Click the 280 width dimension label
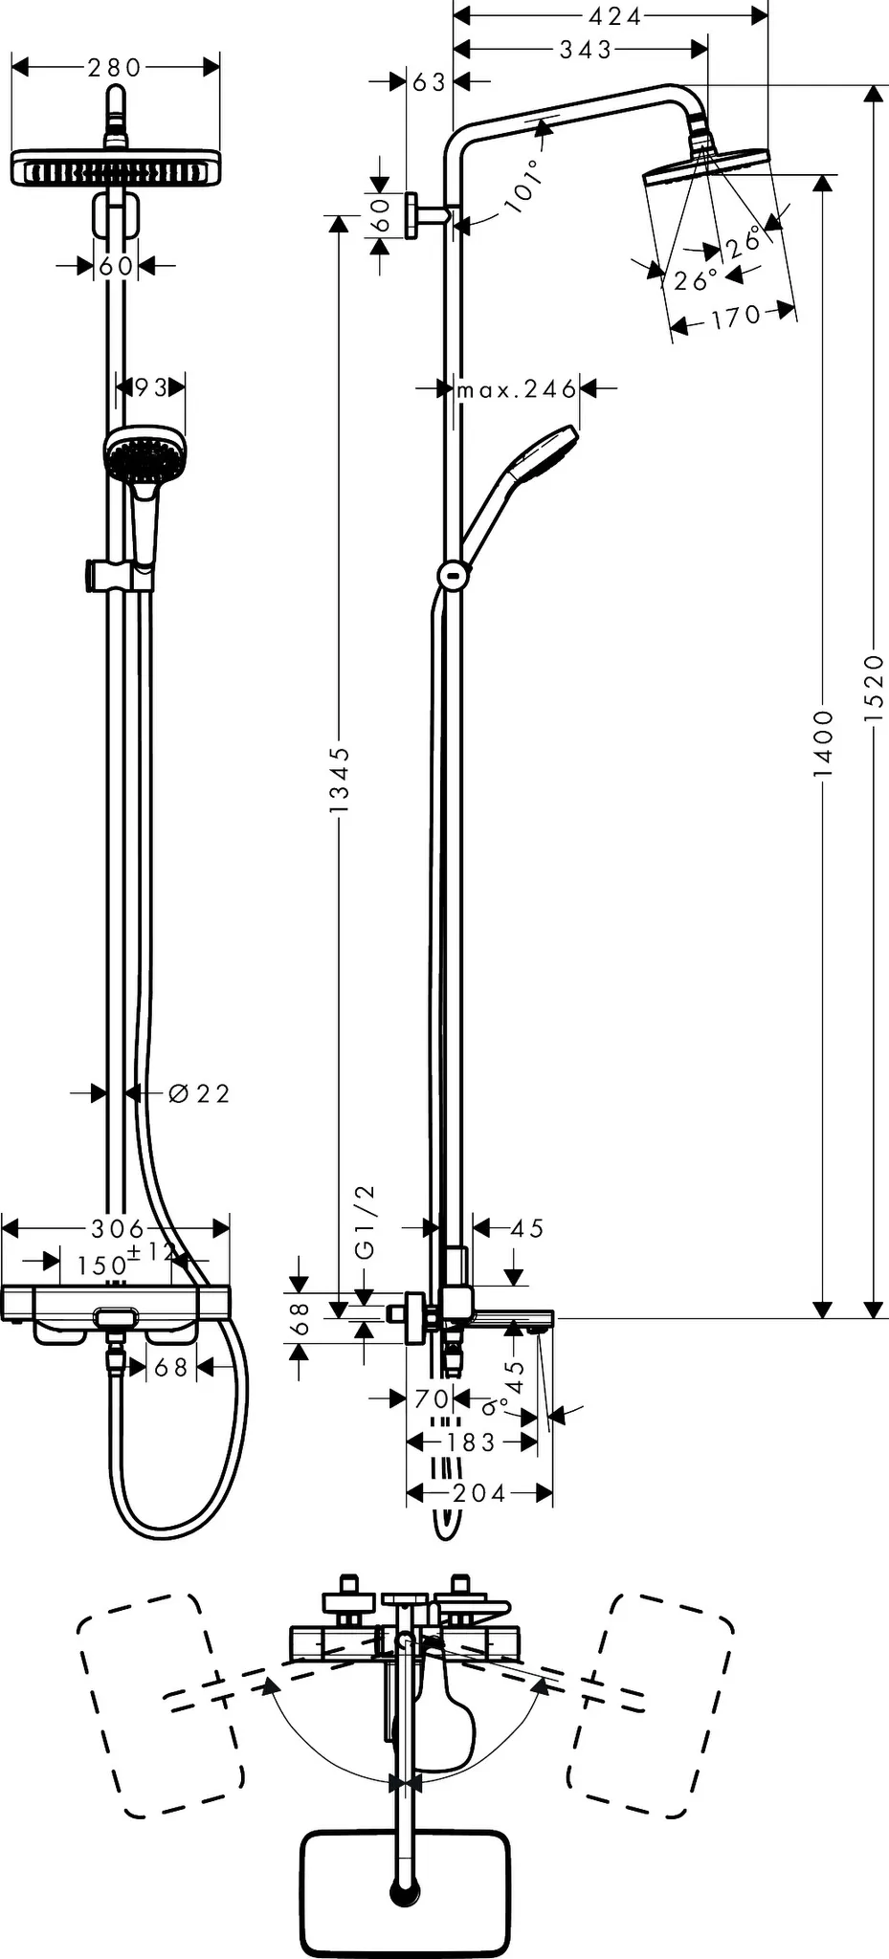tap(115, 67)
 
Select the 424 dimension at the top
tap(613, 16)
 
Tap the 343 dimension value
tap(585, 48)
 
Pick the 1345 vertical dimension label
tap(339, 780)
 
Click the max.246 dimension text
tap(517, 389)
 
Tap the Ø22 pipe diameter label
tap(199, 1093)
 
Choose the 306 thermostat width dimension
tap(117, 1227)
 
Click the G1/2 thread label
tap(365, 1222)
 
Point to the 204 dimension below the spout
tap(478, 1492)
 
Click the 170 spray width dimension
tap(735, 317)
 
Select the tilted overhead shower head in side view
tap(706, 164)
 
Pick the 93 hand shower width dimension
tap(150, 386)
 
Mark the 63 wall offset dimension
tap(429, 82)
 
